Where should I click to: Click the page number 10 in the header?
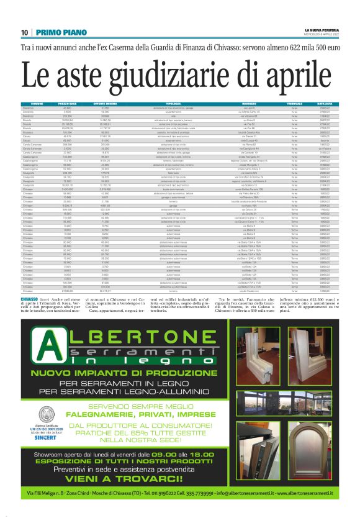coord(25,33)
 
